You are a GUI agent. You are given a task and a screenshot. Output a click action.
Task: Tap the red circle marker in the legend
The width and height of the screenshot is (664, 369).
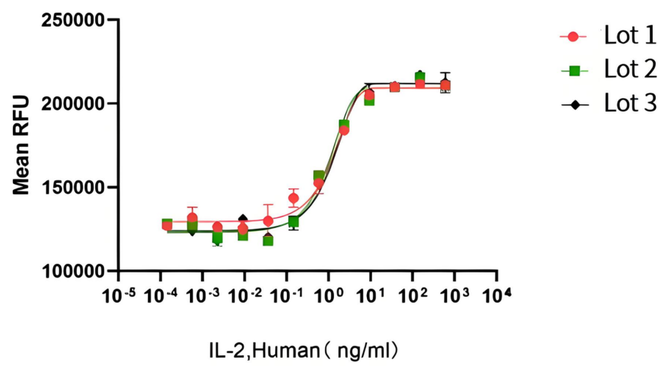tap(573, 36)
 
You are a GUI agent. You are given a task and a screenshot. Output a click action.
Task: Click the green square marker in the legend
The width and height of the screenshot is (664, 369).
tap(573, 70)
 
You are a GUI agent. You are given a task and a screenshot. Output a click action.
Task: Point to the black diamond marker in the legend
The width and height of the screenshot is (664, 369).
tap(573, 103)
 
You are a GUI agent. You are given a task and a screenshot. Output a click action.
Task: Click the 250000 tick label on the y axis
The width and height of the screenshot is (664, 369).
tap(73, 21)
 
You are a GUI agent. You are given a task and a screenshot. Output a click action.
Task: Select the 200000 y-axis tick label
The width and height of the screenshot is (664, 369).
tap(73, 104)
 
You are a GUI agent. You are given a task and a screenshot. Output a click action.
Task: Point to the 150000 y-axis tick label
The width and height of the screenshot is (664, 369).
tap(73, 188)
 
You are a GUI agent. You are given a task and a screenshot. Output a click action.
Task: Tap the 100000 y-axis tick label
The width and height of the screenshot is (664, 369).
tap(73, 271)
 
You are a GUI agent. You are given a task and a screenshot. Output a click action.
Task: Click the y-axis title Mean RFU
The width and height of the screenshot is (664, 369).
tap(21, 145)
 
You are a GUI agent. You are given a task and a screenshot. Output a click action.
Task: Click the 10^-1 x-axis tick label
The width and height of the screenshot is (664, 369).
tap(286, 296)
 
